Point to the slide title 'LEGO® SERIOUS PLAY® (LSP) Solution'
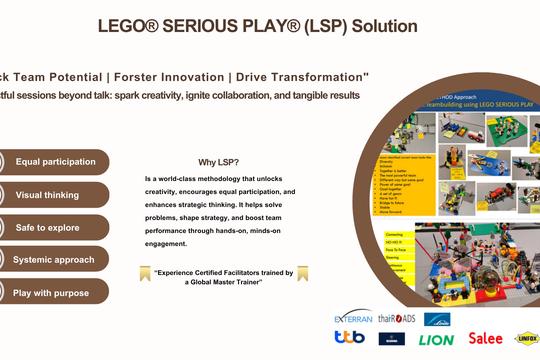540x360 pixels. pos(258,26)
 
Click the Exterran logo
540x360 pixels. pos(355,318)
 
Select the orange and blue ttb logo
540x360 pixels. pos(348,340)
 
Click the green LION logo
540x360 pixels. pos(437,340)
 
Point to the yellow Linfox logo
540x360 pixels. pos(526,340)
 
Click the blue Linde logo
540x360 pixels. pos(437,318)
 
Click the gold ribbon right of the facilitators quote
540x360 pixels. pos(303,273)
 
